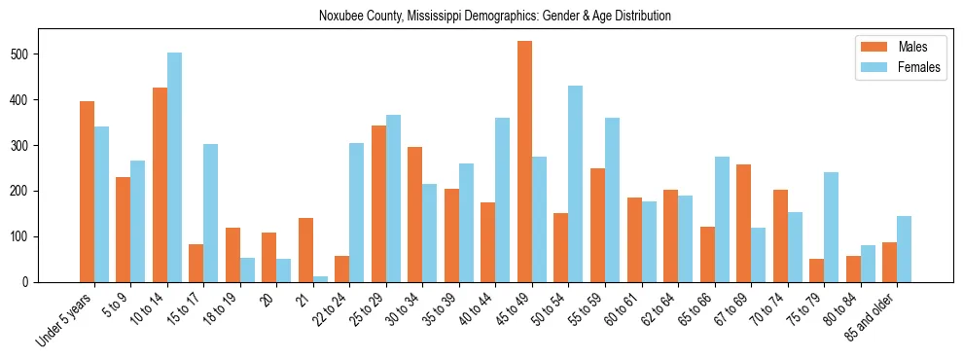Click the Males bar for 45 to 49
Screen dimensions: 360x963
click(x=524, y=162)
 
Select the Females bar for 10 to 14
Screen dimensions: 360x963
click(x=174, y=167)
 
